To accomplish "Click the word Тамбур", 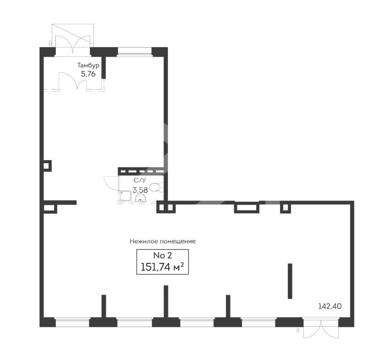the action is pyautogui.click(x=88, y=65).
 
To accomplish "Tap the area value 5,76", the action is pyautogui.click(x=88, y=74).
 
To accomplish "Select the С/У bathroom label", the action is pyautogui.click(x=140, y=181).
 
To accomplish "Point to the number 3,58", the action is pyautogui.click(x=140, y=190).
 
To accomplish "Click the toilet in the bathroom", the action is pyautogui.click(x=156, y=188).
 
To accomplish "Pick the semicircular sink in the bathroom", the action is pyautogui.click(x=140, y=198).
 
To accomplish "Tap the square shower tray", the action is pyautogui.click(x=126, y=196).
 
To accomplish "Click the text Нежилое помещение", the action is pyautogui.click(x=162, y=241).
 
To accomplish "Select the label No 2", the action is pyautogui.click(x=162, y=255).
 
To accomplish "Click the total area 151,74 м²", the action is pyautogui.click(x=162, y=267).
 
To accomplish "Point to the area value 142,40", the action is pyautogui.click(x=330, y=306).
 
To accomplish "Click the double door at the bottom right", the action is pyautogui.click(x=321, y=329).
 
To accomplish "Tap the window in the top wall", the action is pyautogui.click(x=134, y=52).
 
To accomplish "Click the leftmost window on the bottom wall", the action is pyautogui.click(x=72, y=322).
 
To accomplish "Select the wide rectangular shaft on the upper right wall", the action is pyautogui.click(x=247, y=207).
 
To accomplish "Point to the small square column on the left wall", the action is pyautogui.click(x=47, y=166).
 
